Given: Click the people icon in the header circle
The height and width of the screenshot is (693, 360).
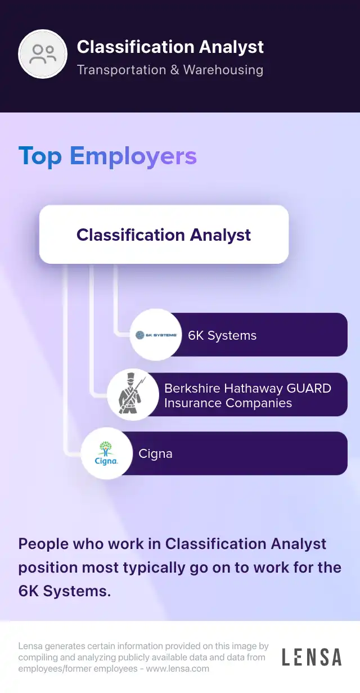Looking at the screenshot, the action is click(x=43, y=54).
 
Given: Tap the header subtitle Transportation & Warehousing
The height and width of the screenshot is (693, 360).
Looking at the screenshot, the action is click(x=170, y=70).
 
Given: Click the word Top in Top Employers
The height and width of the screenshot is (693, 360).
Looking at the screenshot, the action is click(x=40, y=156).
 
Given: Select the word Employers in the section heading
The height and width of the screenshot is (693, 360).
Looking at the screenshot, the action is click(x=133, y=156).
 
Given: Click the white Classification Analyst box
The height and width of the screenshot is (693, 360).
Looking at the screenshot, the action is click(x=164, y=234).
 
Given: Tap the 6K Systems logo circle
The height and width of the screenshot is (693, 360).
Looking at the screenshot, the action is click(x=156, y=335).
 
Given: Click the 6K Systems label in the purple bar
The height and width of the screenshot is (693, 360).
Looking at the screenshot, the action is click(x=222, y=335).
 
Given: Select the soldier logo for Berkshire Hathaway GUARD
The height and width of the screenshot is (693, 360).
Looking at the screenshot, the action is click(x=133, y=394).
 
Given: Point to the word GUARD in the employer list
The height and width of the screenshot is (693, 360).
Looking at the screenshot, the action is click(x=309, y=388).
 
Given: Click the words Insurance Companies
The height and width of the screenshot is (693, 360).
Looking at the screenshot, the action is click(x=228, y=403).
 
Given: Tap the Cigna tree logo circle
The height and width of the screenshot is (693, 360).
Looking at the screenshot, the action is click(x=107, y=453).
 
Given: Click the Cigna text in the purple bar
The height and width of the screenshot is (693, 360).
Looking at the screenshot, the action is click(x=155, y=454).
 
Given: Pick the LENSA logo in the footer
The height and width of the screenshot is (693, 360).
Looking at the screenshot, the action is click(x=312, y=657).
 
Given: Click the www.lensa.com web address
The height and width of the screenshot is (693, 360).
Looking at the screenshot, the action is click(x=178, y=669).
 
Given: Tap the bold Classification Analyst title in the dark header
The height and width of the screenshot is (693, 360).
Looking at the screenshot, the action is click(x=170, y=47).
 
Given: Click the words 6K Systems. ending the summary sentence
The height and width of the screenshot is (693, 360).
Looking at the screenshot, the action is click(x=64, y=591).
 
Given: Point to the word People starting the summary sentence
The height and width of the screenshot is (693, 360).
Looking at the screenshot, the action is click(x=43, y=544).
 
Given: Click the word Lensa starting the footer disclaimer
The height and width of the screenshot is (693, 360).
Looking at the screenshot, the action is click(x=30, y=646).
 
